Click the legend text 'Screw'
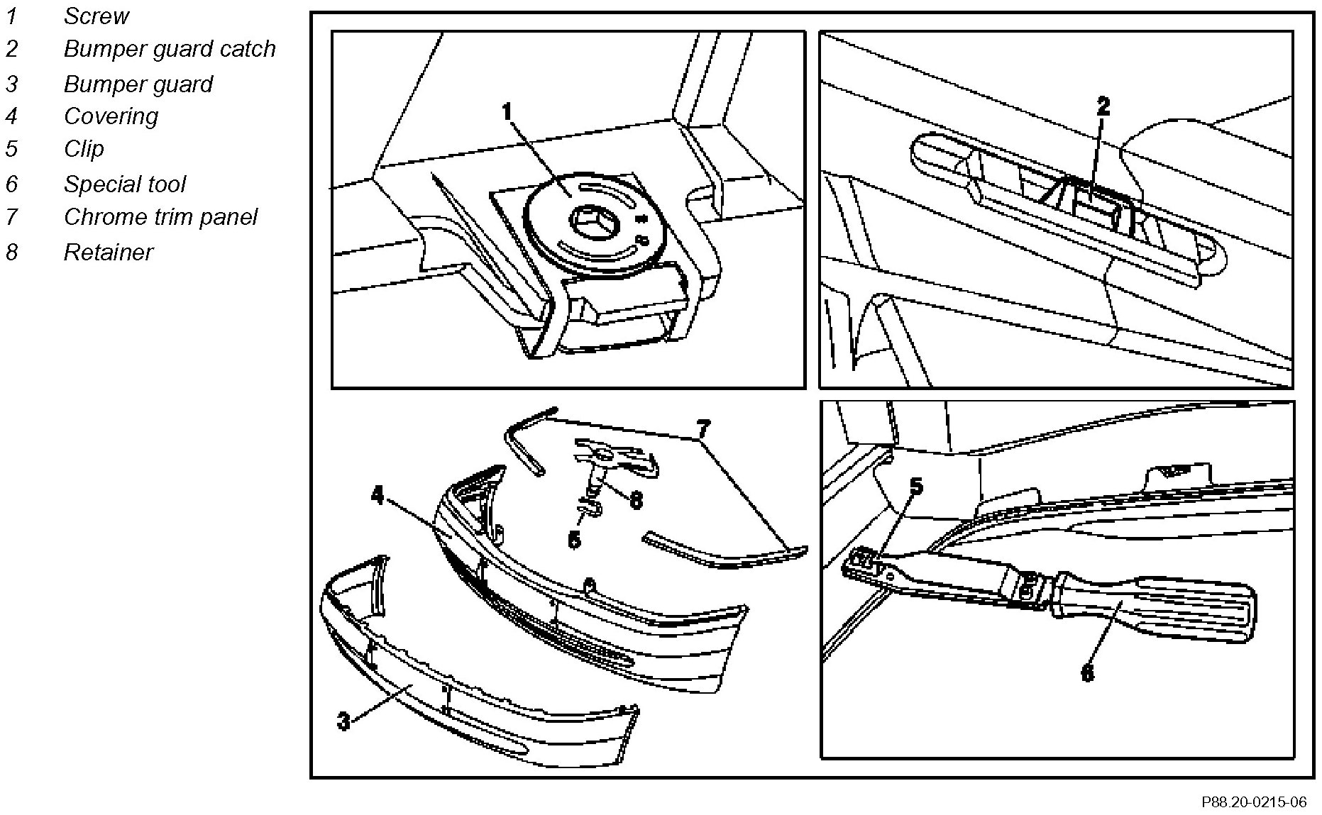97,16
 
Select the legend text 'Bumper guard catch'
170,48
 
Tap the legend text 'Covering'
111,116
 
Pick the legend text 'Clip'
84,148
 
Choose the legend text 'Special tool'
124,184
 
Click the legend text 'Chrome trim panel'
160,216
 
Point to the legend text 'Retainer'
108,252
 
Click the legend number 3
11,84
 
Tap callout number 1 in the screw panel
507,112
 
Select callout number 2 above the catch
1103,107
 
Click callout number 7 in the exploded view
702,428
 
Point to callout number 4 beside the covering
378,496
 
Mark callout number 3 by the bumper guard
343,722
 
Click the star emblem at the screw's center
589,221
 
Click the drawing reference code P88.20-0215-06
1253,802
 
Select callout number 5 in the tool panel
916,486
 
